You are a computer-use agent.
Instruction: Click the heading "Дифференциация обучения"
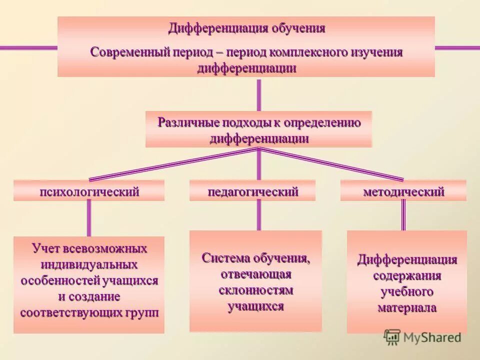point(246,28)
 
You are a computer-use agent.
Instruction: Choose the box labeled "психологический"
point(89,191)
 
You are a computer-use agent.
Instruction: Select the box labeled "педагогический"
point(252,191)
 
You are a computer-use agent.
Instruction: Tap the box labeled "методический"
point(403,191)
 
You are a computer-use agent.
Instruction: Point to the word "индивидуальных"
point(89,264)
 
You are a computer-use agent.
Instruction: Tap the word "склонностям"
point(256,290)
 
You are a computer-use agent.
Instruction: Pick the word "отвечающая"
point(256,274)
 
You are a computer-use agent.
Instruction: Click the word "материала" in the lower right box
point(407,307)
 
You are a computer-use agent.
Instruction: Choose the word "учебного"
point(407,291)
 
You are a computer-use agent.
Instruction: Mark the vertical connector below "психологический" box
point(89,218)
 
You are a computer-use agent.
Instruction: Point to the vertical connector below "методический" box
point(403,215)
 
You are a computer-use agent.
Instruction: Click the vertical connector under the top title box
point(258,94)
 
